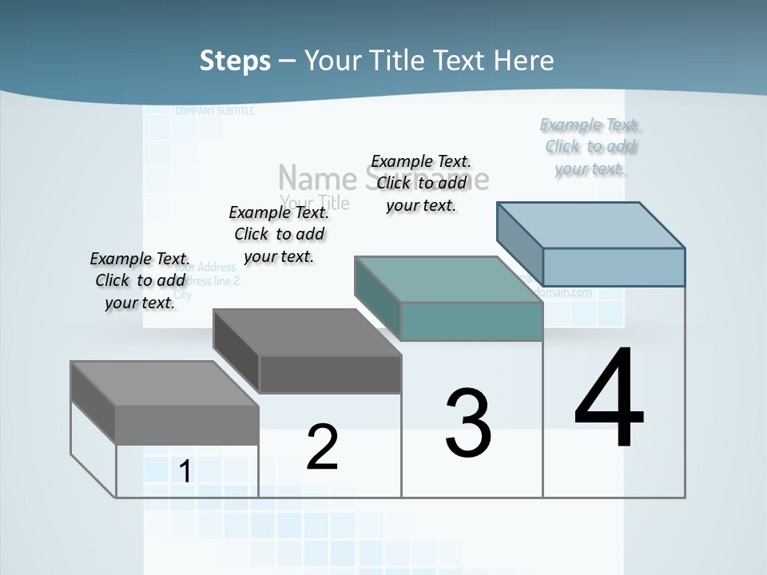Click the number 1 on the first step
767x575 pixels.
coord(185,472)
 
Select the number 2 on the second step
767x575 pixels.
coord(322,447)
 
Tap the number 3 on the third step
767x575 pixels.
coord(468,423)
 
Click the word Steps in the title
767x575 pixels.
coord(235,61)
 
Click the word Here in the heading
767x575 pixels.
coord(523,61)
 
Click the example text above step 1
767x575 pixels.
coord(140,280)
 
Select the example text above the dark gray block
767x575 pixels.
coord(279,234)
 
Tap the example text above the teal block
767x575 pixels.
coord(421,183)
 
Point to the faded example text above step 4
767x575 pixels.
coord(591,146)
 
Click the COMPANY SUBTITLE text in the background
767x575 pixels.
coord(215,111)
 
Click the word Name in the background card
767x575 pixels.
coord(317,177)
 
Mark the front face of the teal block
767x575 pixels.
coord(471,322)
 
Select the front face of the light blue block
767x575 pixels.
coord(614,267)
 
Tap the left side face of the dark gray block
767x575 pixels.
coord(236,351)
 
